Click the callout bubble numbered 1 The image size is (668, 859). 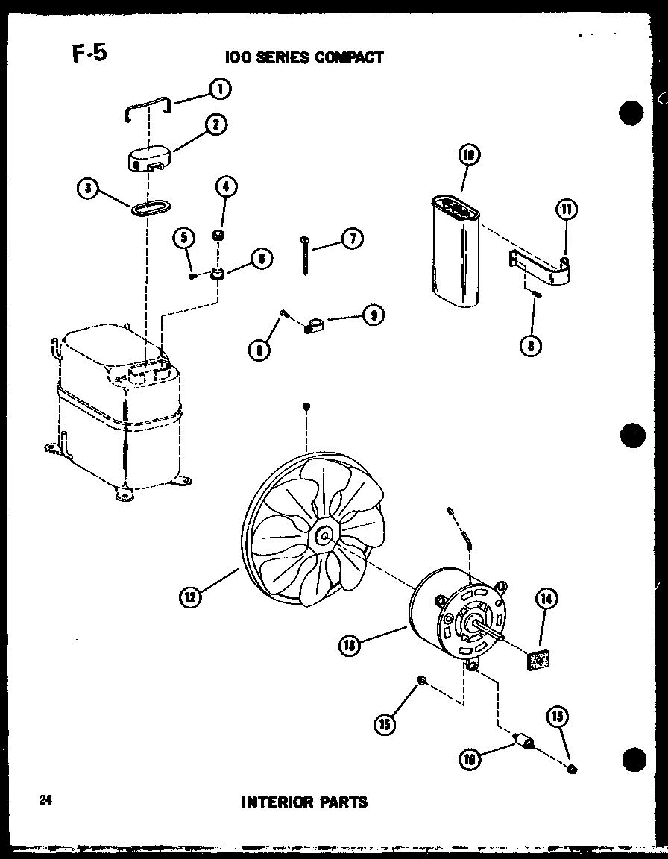point(219,89)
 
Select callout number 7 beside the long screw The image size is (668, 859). point(351,239)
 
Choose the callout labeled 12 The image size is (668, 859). point(190,597)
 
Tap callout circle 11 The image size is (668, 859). point(566,211)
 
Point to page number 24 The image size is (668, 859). point(45,801)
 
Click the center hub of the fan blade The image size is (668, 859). point(323,535)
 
